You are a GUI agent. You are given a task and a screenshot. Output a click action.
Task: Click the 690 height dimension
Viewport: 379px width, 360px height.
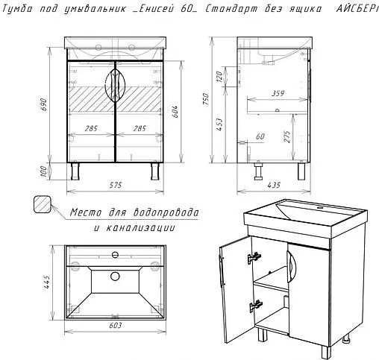point(43,104)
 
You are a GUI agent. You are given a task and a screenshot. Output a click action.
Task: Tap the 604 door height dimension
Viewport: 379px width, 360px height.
point(175,112)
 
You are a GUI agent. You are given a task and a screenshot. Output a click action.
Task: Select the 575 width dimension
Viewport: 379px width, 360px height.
point(116,185)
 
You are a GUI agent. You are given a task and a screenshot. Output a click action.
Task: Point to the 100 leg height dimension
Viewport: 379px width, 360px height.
point(43,171)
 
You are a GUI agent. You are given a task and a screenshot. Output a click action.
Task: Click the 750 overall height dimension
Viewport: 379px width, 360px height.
point(206,99)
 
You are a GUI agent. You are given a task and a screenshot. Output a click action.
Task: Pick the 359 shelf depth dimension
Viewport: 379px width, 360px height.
point(278,93)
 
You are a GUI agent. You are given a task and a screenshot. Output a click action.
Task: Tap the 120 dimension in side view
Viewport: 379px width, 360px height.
point(219,77)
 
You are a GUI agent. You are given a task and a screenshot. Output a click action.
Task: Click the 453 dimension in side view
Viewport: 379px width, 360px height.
point(219,124)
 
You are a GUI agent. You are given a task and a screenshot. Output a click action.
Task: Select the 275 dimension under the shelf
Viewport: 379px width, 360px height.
point(287,136)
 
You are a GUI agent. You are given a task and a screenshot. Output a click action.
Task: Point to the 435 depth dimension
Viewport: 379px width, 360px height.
point(274,185)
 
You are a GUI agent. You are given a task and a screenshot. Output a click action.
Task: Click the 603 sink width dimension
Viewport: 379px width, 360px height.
point(116,325)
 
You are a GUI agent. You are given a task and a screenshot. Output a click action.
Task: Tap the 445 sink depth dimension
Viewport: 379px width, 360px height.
point(46,282)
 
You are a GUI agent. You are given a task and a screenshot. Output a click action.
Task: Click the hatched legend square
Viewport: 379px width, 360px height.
point(43,204)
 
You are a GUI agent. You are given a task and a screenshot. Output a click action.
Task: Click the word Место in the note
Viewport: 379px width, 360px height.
point(86,213)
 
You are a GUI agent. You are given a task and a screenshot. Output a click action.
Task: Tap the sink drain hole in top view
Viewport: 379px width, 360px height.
point(115,276)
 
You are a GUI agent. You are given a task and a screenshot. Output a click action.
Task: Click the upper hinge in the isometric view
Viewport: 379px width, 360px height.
point(254,257)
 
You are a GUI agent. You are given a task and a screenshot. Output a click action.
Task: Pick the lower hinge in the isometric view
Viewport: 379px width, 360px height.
point(256,306)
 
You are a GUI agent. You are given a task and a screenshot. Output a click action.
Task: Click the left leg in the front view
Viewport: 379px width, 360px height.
point(75,171)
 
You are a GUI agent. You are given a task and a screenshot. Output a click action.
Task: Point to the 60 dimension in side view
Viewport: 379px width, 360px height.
point(260,136)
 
